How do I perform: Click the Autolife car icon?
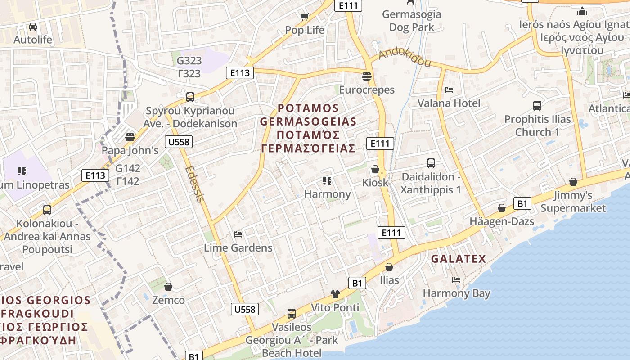click(33, 27)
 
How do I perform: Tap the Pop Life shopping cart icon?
click(305, 17)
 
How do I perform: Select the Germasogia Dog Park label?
click(411, 21)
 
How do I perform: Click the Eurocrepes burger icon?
click(367, 76)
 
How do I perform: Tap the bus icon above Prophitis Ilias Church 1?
click(537, 106)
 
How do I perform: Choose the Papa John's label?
click(130, 150)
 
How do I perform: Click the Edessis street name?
click(195, 184)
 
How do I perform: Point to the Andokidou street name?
click(405, 57)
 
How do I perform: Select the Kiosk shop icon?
click(375, 170)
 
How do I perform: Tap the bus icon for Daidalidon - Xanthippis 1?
click(431, 163)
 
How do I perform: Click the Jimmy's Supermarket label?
click(573, 202)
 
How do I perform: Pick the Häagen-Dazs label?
click(502, 221)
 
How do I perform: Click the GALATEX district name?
click(459, 259)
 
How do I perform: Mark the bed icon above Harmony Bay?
click(456, 280)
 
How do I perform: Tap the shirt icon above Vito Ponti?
click(335, 294)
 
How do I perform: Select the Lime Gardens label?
click(238, 248)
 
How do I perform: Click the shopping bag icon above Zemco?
click(168, 287)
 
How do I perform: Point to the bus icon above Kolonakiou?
click(47, 210)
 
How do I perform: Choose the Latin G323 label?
click(189, 60)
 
